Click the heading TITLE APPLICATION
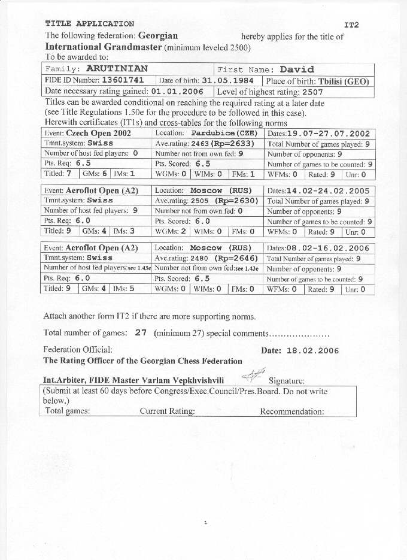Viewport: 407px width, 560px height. [90, 24]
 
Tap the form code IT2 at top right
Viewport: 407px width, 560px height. [351, 25]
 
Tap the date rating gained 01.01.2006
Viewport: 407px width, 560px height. [177, 92]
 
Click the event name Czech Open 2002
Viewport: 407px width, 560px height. [98, 134]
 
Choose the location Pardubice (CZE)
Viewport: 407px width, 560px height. [224, 134]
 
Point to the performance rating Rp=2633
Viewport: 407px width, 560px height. [235, 144]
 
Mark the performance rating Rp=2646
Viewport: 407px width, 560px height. [236, 259]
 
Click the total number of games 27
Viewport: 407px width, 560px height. [141, 333]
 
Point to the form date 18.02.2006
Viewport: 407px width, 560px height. [313, 351]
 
